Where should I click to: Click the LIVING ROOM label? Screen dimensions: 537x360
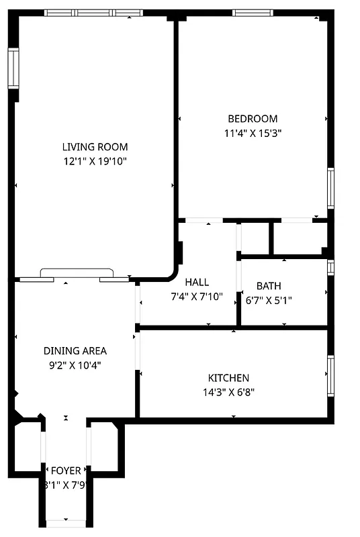coord(95,147)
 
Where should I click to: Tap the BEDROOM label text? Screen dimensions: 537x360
coord(252,119)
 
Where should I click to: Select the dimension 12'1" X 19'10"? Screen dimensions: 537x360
coord(95,161)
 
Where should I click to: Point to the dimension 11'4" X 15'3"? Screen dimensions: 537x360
coord(252,133)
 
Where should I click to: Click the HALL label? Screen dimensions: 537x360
coord(197,282)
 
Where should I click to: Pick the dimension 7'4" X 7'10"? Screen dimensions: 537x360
coord(197,296)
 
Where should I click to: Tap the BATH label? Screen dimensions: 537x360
coord(269,285)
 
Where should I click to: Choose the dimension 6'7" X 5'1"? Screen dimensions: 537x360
coord(269,299)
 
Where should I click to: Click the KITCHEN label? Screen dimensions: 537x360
coord(228,378)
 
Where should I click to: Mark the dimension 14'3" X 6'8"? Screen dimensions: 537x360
coord(228,392)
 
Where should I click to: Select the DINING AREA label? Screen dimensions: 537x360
coord(75,350)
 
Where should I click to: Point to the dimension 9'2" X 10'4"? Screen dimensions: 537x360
coord(75,364)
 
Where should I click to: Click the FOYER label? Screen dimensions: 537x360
coord(66,471)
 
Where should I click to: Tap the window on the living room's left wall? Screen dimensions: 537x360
coord(13,68)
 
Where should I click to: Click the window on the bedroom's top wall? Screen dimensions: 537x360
coord(252,13)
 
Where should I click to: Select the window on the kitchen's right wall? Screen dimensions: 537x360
coord(330,375)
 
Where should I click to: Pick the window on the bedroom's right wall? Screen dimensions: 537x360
coord(330,189)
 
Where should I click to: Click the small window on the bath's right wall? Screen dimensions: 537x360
coord(330,267)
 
